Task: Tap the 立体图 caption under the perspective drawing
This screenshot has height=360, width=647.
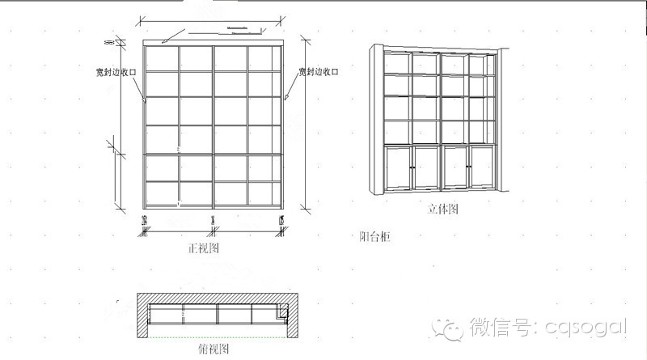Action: (443, 209)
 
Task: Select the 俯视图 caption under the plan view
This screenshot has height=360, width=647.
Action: (214, 349)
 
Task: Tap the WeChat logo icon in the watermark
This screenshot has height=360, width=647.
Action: (450, 327)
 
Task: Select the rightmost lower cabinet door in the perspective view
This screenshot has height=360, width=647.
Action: (483, 167)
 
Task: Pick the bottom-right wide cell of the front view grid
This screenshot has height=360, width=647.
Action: (264, 193)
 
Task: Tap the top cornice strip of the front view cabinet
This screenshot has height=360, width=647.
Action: (214, 42)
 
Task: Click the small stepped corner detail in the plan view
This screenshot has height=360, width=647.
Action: (283, 312)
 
